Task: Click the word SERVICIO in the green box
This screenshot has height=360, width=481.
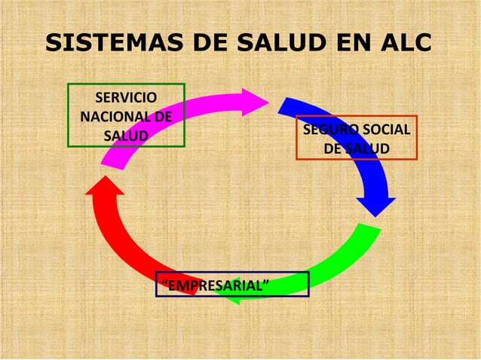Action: (x=126, y=97)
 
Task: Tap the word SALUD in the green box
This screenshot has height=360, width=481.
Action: (x=126, y=136)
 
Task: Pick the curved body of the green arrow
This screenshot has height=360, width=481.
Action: (x=332, y=267)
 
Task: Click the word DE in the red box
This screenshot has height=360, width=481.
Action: (x=332, y=149)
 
